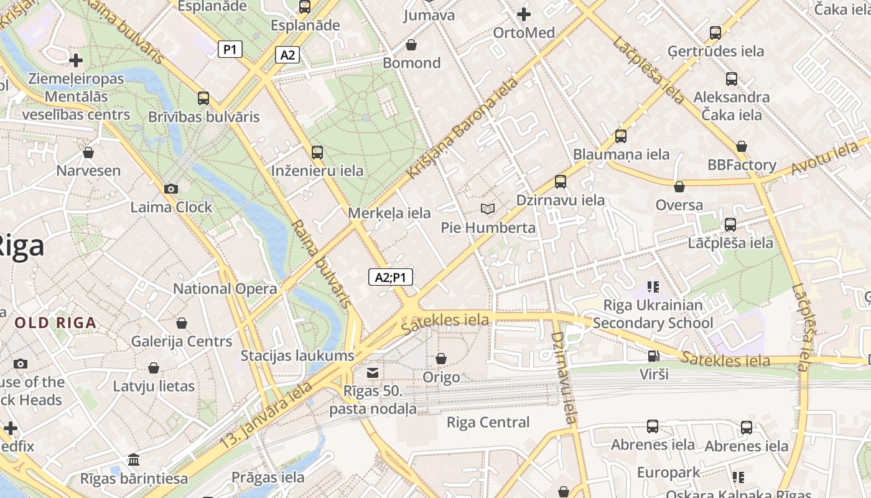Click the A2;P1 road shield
click(x=391, y=277)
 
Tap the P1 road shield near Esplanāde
click(x=230, y=49)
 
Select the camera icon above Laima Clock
click(x=171, y=189)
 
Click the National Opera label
click(x=225, y=289)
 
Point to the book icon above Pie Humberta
click(x=488, y=209)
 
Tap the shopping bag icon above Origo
click(x=441, y=359)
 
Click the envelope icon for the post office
click(x=373, y=372)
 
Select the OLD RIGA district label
click(x=56, y=323)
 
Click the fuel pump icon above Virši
click(x=653, y=356)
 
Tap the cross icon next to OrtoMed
click(x=524, y=14)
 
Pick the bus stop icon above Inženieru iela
click(x=317, y=152)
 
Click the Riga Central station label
click(x=488, y=423)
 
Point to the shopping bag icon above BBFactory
click(x=742, y=146)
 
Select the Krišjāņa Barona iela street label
click(x=462, y=128)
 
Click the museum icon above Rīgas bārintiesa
click(x=134, y=460)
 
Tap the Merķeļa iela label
click(x=389, y=213)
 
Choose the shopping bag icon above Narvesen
click(x=88, y=153)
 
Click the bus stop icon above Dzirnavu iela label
click(x=561, y=182)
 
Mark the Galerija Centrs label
click(x=181, y=342)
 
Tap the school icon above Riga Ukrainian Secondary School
click(x=653, y=287)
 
